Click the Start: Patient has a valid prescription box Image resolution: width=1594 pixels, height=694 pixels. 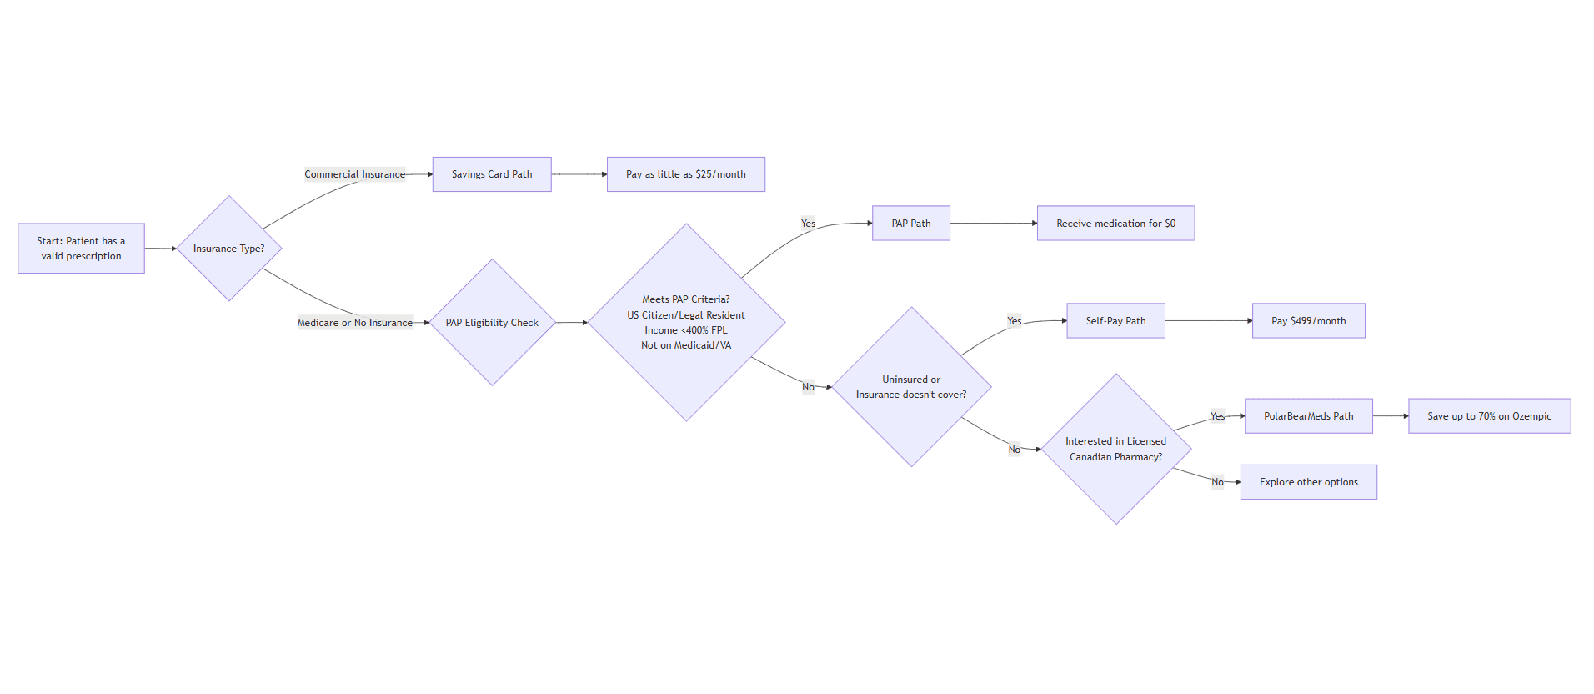tap(81, 249)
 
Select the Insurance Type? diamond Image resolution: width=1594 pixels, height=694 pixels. tap(228, 249)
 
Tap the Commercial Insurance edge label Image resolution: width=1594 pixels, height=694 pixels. tap(354, 174)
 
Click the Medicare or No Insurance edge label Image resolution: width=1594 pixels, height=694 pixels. tap(354, 323)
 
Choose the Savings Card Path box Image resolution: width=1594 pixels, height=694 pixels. tap(491, 174)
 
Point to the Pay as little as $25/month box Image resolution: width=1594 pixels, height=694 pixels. tap(685, 174)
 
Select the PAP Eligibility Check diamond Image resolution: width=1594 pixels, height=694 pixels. tap(492, 323)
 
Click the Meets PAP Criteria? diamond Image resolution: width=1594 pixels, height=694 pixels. tap(686, 323)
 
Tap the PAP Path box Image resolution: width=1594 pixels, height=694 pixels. tap(910, 224)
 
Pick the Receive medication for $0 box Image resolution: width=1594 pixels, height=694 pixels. tap(1115, 224)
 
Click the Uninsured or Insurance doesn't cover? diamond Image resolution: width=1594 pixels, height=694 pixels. tap(911, 387)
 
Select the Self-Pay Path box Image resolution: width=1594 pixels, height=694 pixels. tap(1115, 321)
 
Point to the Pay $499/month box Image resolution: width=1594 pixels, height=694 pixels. tap(1308, 321)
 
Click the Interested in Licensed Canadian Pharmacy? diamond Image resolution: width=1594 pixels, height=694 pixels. tap(1115, 449)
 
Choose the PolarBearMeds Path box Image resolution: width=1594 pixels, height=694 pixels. tap(1308, 416)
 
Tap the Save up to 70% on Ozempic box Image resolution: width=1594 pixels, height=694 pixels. tap(1489, 416)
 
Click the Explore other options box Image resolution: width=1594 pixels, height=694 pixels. tap(1308, 482)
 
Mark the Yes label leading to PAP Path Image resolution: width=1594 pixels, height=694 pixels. tap(808, 224)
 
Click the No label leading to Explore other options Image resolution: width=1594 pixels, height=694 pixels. tap(1217, 482)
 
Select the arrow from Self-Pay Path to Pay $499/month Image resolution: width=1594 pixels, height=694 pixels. tap(1208, 321)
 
